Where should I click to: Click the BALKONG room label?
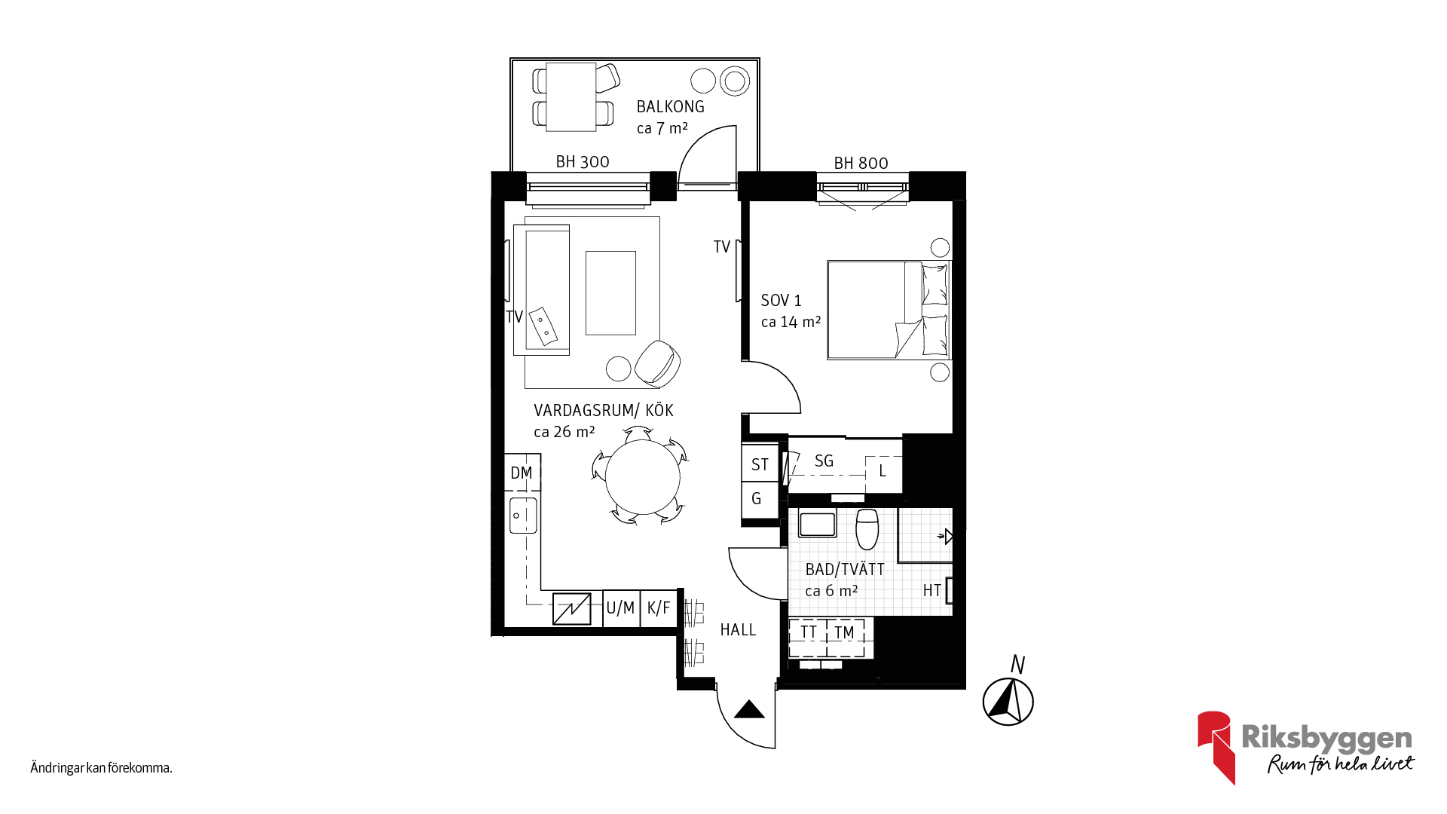coord(670,107)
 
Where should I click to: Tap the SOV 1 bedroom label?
coord(781,301)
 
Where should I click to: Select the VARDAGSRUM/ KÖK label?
coord(603,410)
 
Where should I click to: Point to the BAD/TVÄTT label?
coord(845,569)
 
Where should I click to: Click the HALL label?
coord(738,630)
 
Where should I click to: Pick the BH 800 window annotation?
coord(861,164)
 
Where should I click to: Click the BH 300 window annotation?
coord(583,162)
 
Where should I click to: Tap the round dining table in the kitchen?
coord(642,477)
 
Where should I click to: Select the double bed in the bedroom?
coord(889,310)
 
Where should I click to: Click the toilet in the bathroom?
coord(867,528)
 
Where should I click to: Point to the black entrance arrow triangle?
coord(749,709)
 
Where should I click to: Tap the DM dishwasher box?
coord(522,473)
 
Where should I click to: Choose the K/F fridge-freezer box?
coord(659,607)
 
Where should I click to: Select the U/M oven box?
coord(621,607)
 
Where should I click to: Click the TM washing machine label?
coord(844,632)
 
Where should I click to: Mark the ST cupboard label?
coord(760,465)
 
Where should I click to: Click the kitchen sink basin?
coord(523,516)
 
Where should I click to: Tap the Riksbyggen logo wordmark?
coord(1326,738)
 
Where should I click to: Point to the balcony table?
coord(571,97)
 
